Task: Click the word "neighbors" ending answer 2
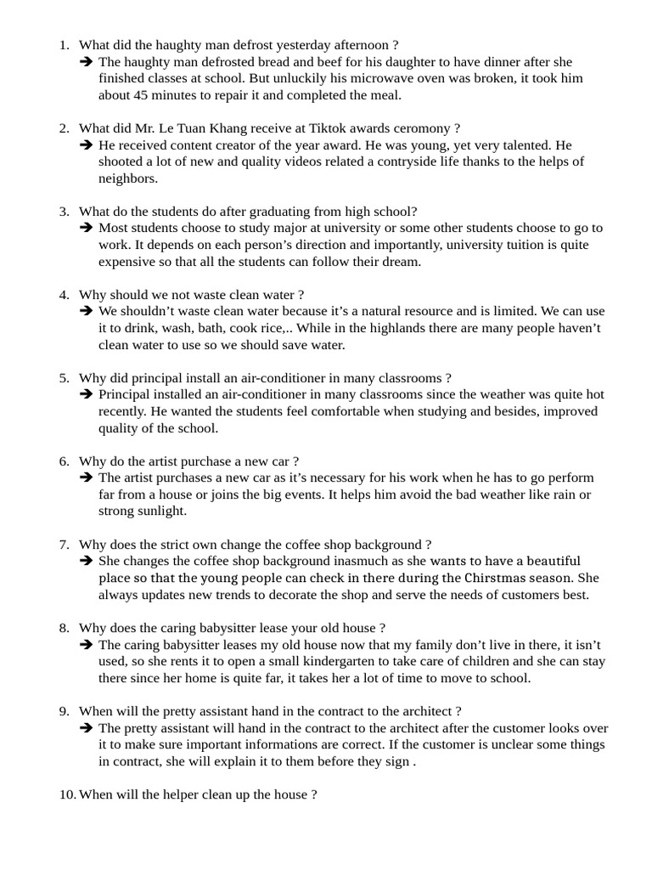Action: click(127, 178)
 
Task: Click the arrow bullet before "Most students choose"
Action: click(86, 229)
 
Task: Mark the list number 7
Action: click(64, 545)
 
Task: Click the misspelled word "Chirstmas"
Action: click(493, 578)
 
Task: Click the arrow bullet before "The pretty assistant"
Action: click(86, 728)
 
